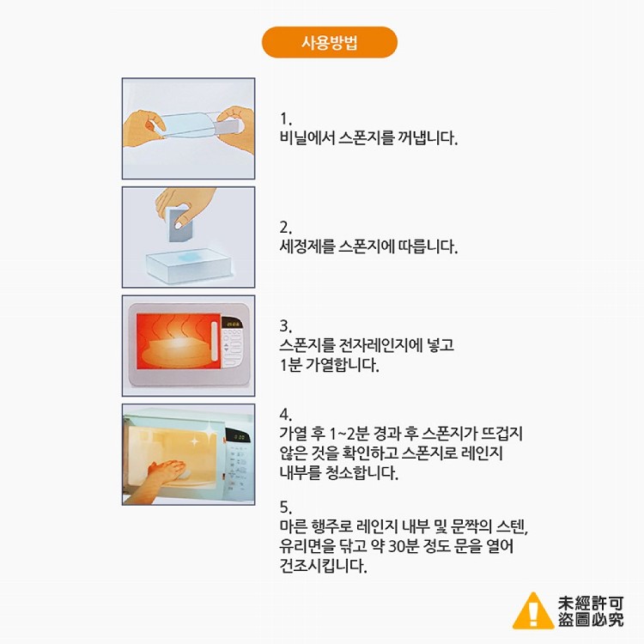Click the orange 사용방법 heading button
(x=330, y=42)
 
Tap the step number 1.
(x=285, y=119)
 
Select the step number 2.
(x=285, y=228)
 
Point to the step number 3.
(x=285, y=326)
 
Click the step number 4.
(x=285, y=415)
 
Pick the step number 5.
(x=285, y=507)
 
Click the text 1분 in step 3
(x=290, y=365)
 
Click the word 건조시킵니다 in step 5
(x=323, y=566)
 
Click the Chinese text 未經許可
(x=591, y=604)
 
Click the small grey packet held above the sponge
(x=180, y=224)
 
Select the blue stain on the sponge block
(x=190, y=257)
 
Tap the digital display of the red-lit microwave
(x=232, y=325)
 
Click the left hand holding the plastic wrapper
(x=143, y=127)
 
